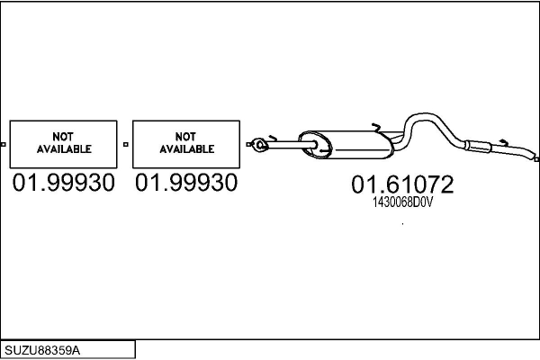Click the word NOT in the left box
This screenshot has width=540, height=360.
coord(63,137)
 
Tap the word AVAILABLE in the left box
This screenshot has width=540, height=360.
coord(64,149)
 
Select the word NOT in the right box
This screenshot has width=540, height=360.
coord(185,137)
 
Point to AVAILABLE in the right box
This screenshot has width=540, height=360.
coord(187,149)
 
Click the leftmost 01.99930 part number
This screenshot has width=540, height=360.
coord(63,183)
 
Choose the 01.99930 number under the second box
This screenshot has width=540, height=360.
coord(186,183)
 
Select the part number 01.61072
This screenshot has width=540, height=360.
coord(402,184)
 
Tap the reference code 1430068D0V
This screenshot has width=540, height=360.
coord(402,202)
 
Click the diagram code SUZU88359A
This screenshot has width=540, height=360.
coord(42,351)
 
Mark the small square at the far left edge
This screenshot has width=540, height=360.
coord(3,144)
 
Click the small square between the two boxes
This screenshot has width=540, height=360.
coord(126,144)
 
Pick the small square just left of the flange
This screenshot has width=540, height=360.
coord(248,144)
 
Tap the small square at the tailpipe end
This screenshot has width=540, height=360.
coord(536,159)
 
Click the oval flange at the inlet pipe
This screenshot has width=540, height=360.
coord(260,145)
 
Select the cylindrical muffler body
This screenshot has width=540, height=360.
coord(346,145)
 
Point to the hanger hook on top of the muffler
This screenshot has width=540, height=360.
coord(376,128)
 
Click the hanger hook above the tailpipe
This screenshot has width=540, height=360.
coord(504,142)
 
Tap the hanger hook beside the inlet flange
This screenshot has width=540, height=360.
coord(273,138)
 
